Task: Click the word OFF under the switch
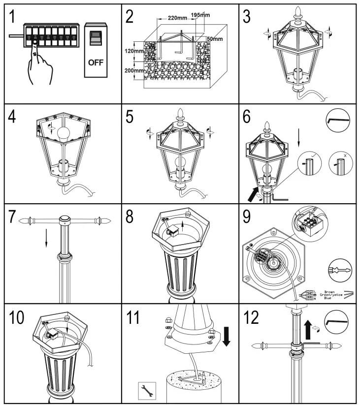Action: [96, 63]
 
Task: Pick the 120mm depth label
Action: [134, 50]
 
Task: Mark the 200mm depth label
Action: [134, 71]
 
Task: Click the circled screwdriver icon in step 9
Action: [338, 269]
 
